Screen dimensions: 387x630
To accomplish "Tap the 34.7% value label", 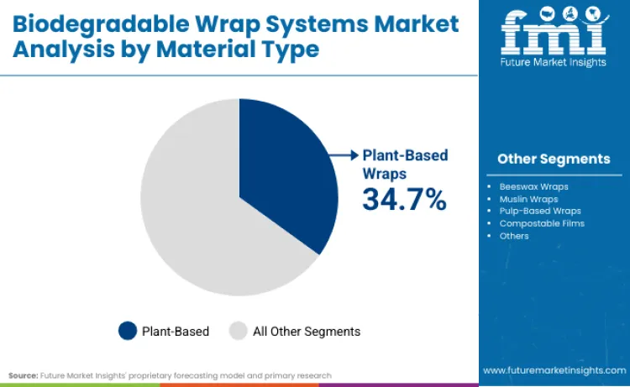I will [404, 199].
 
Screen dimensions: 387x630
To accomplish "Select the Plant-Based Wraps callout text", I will [405, 164].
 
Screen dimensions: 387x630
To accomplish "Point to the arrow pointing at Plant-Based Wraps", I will [344, 154].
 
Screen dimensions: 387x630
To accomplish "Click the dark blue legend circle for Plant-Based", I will [128, 331].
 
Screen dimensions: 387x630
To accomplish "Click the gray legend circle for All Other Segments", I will [239, 331].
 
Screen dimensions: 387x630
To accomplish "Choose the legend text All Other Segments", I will [307, 332].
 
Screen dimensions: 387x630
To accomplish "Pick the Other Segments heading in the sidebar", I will [554, 159].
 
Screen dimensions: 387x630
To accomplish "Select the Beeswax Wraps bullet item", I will [533, 186].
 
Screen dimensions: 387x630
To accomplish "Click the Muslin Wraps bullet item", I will [528, 198].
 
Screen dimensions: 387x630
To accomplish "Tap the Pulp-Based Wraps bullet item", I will [539, 211].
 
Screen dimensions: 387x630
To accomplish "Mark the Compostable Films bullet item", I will [541, 223].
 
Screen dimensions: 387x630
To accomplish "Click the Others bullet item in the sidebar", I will [514, 236].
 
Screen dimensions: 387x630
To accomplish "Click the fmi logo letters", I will [553, 32].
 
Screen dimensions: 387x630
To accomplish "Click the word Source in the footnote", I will [23, 375].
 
